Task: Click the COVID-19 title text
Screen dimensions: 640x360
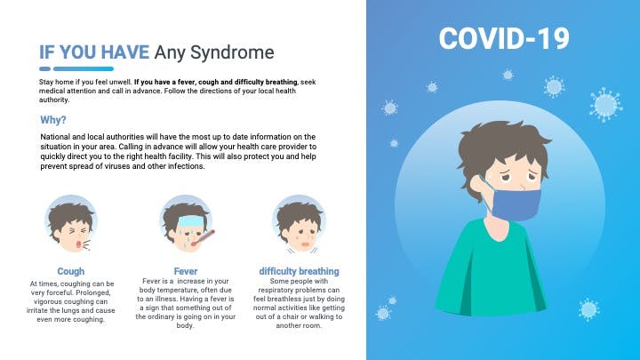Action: (x=504, y=38)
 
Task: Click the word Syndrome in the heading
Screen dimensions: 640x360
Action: (x=232, y=52)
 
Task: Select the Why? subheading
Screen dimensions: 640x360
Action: (x=53, y=120)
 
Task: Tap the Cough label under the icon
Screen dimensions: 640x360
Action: (x=71, y=271)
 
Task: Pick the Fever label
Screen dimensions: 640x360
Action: (x=185, y=271)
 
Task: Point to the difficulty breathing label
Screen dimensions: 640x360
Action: (x=300, y=271)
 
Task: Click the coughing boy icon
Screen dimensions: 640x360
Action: (x=70, y=224)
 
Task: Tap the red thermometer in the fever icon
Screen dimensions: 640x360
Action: (x=203, y=238)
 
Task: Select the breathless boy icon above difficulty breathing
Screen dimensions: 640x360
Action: (x=300, y=224)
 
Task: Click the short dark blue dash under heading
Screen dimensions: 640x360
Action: (x=45, y=69)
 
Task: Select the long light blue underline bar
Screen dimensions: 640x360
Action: (x=84, y=69)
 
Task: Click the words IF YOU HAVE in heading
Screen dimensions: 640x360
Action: (x=94, y=52)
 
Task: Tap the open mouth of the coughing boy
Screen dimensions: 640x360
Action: (x=78, y=244)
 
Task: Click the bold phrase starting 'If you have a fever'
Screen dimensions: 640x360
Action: (x=216, y=82)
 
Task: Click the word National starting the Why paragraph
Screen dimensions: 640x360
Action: (x=55, y=137)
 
